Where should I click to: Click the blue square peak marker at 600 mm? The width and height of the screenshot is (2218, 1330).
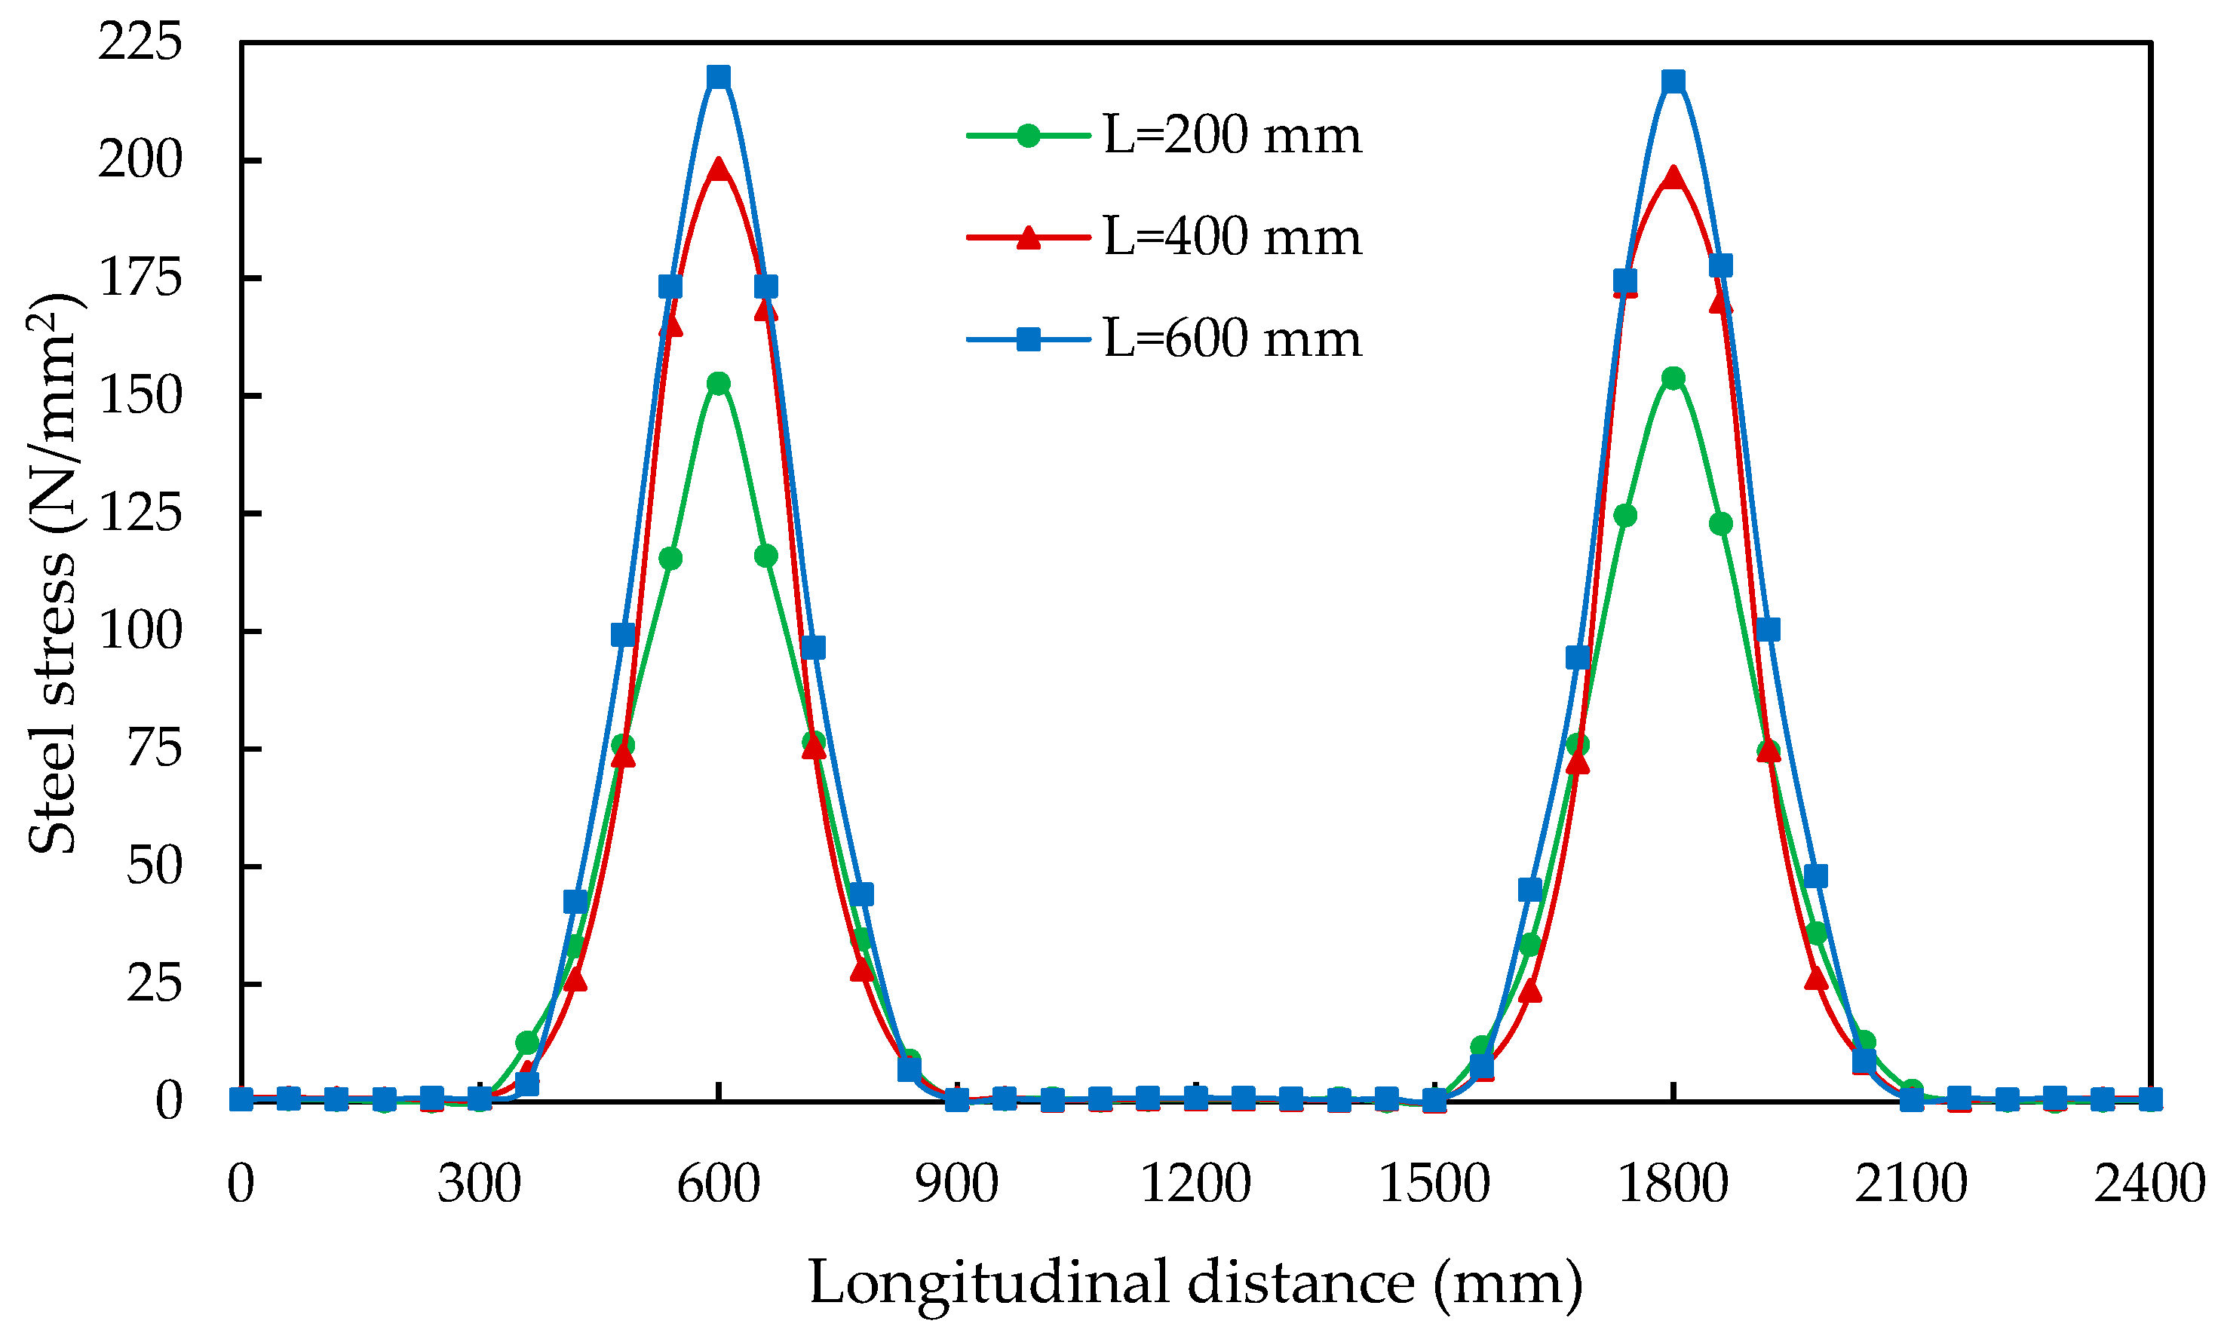point(718,77)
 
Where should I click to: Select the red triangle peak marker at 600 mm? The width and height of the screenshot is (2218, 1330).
point(718,168)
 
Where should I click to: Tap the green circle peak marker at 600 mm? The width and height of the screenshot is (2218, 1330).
point(718,384)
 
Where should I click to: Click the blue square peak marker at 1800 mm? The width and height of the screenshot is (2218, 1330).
point(1673,82)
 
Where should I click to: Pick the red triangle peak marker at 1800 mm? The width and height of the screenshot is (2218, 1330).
point(1673,176)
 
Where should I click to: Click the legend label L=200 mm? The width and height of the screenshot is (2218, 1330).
point(1232,136)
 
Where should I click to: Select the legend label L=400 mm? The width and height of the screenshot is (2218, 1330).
point(1232,237)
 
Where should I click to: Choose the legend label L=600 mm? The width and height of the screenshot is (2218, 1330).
point(1232,339)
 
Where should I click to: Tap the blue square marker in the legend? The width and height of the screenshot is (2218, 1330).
point(1029,339)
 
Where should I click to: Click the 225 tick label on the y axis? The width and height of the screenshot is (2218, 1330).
point(140,42)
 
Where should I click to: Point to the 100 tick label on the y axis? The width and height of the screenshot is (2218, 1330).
point(140,631)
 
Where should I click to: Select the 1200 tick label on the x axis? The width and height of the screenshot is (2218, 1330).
point(1195,1184)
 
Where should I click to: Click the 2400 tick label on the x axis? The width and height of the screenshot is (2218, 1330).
point(2149,1184)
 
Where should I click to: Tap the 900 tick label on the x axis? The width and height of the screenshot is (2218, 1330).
point(956,1184)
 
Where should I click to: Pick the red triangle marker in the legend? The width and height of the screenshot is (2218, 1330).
point(1029,237)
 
